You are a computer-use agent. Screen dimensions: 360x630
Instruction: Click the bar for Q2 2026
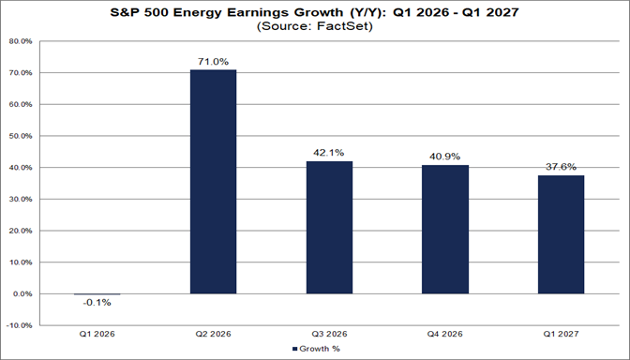(x=214, y=182)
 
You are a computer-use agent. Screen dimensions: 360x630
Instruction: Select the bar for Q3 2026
(x=329, y=228)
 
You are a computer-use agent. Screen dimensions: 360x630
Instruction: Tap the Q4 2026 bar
(x=445, y=230)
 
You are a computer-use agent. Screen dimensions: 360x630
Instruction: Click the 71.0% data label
(x=214, y=60)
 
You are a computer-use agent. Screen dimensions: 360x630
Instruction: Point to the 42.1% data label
(x=329, y=152)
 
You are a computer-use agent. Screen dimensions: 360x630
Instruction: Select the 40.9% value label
(x=445, y=156)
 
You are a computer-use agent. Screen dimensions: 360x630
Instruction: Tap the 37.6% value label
(x=562, y=166)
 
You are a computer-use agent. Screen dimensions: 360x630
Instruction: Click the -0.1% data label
(x=97, y=303)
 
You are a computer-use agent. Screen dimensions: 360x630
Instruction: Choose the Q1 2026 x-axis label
(x=97, y=334)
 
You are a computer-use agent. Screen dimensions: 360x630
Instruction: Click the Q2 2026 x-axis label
(x=214, y=334)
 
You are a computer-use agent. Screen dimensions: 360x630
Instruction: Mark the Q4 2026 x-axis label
(x=445, y=334)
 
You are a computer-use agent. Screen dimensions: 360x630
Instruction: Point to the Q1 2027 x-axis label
(x=562, y=334)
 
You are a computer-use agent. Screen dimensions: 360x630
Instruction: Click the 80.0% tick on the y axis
(x=21, y=41)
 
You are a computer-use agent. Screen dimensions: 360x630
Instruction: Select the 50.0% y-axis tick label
(x=21, y=136)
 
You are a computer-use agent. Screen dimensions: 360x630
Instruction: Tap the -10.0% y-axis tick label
(x=20, y=325)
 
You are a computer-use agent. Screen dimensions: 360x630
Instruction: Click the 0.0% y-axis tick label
(x=22, y=293)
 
